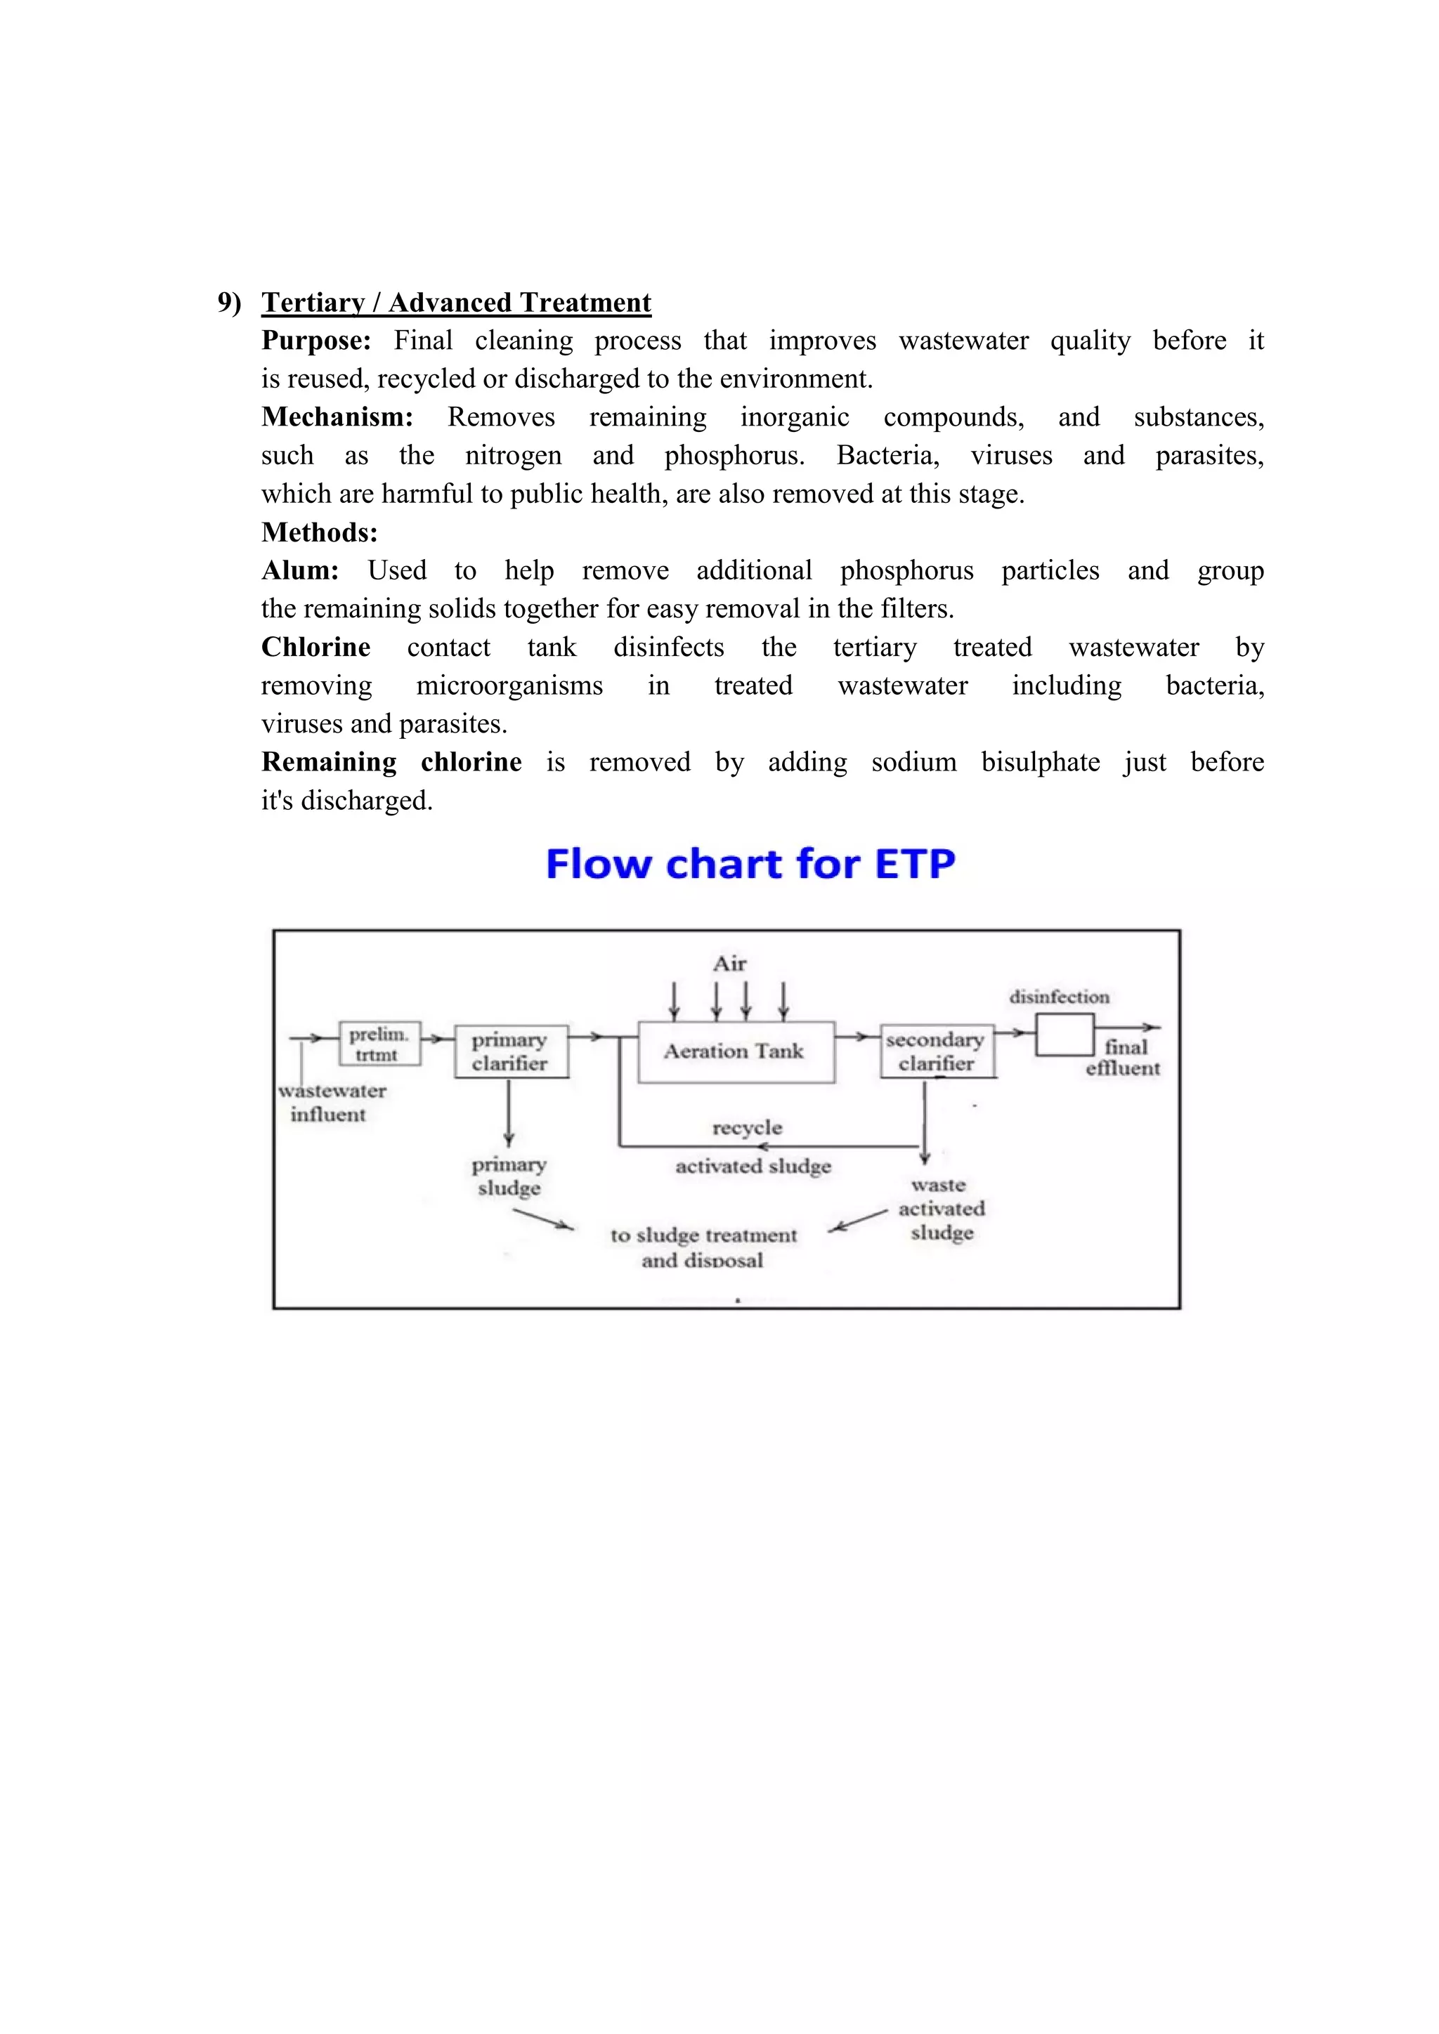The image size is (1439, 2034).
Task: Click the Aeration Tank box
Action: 736,1051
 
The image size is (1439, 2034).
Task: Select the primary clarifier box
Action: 510,1051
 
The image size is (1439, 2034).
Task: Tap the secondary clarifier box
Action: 937,1051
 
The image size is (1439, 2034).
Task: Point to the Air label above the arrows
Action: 729,964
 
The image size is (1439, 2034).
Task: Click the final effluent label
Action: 1124,1058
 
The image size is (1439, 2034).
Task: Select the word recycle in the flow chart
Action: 747,1128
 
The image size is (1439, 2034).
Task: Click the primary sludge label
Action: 509,1176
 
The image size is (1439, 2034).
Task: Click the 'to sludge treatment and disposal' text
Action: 703,1247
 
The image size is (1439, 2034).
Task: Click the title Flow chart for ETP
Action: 750,864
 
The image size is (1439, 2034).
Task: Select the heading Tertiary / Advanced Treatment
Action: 456,303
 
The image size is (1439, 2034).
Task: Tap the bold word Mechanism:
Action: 337,417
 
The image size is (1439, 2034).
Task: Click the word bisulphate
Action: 1041,763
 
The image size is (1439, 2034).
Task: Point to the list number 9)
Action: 230,303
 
